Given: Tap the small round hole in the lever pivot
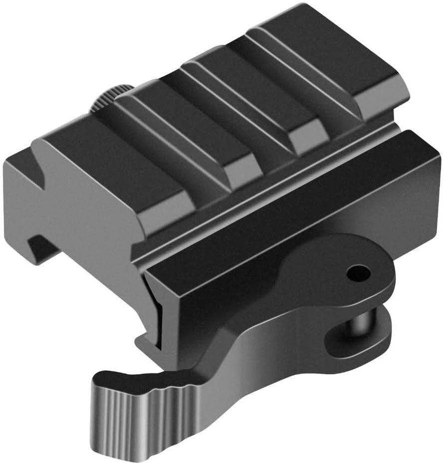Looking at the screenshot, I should coord(359,272).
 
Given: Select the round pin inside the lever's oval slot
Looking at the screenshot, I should coord(360,327).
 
